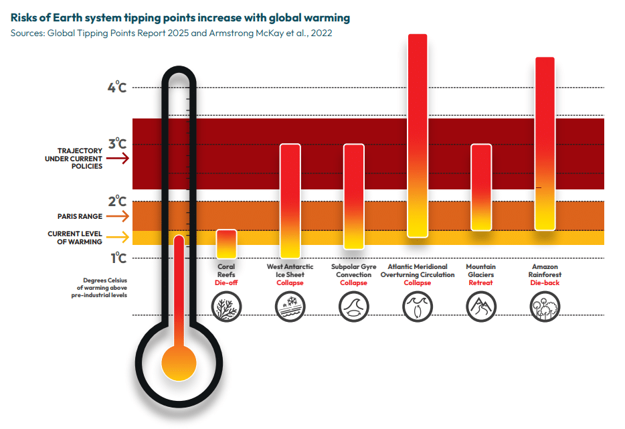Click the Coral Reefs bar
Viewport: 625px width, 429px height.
pyautogui.click(x=227, y=244)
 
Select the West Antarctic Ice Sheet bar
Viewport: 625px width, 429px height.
pyautogui.click(x=290, y=201)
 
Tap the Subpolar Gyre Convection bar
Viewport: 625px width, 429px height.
pyautogui.click(x=353, y=196)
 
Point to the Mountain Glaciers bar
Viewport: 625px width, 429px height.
pyautogui.click(x=480, y=187)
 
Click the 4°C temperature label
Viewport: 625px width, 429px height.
pyautogui.click(x=116, y=87)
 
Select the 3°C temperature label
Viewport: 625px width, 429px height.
pyautogui.click(x=116, y=144)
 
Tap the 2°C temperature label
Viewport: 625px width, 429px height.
pyautogui.click(x=116, y=201)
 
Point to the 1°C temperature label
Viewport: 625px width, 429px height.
pyautogui.click(x=116, y=258)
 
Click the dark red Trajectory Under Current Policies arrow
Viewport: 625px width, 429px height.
pyautogui.click(x=118, y=159)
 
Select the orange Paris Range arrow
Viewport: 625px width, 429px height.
pyautogui.click(x=118, y=216)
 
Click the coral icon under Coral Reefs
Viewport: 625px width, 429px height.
pyautogui.click(x=226, y=308)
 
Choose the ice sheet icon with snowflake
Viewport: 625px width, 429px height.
pyautogui.click(x=290, y=308)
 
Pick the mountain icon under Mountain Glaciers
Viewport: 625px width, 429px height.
pyautogui.click(x=480, y=308)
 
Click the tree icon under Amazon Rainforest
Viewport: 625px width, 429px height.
pyautogui.click(x=544, y=308)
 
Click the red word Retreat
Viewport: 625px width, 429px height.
pyautogui.click(x=480, y=282)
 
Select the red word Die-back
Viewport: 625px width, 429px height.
pyautogui.click(x=544, y=282)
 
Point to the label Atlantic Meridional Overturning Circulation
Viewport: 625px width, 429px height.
pyautogui.click(x=417, y=270)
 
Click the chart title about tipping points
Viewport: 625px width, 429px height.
pyautogui.click(x=180, y=16)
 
